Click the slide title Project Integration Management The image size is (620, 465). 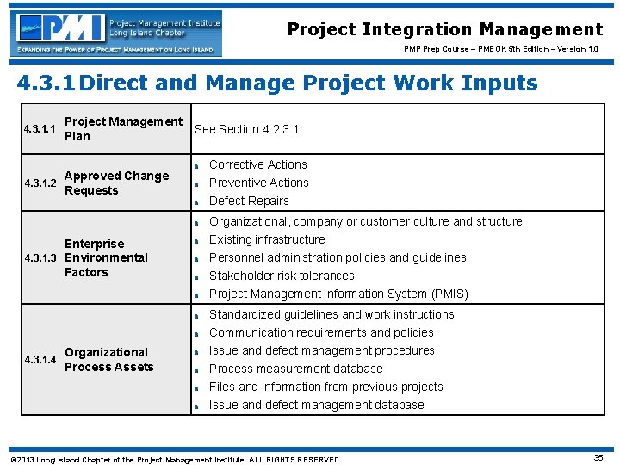pyautogui.click(x=444, y=29)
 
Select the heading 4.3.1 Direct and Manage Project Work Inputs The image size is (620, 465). pyautogui.click(x=277, y=84)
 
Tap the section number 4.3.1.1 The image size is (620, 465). pyautogui.click(x=40, y=129)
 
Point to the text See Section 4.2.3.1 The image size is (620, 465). pyautogui.click(x=247, y=129)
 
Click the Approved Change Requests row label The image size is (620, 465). pyautogui.click(x=116, y=183)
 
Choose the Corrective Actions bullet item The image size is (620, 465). pyautogui.click(x=258, y=164)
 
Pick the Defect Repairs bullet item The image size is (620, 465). pyautogui.click(x=249, y=201)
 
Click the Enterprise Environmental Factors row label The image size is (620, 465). pyautogui.click(x=106, y=257)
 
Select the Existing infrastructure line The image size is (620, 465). pyautogui.click(x=267, y=239)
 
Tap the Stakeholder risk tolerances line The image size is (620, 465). pyautogui.click(x=282, y=276)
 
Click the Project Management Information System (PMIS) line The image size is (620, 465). pyautogui.click(x=338, y=294)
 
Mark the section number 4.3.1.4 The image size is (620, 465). pyautogui.click(x=40, y=360)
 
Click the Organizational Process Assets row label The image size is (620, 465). pyautogui.click(x=108, y=360)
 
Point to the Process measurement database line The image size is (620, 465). pyautogui.click(x=295, y=369)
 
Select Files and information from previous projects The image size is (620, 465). pyautogui.click(x=325, y=387)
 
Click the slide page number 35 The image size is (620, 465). pyautogui.click(x=598, y=458)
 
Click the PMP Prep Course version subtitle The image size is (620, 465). pyautogui.click(x=503, y=49)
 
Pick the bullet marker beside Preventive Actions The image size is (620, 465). pyautogui.click(x=197, y=183)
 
